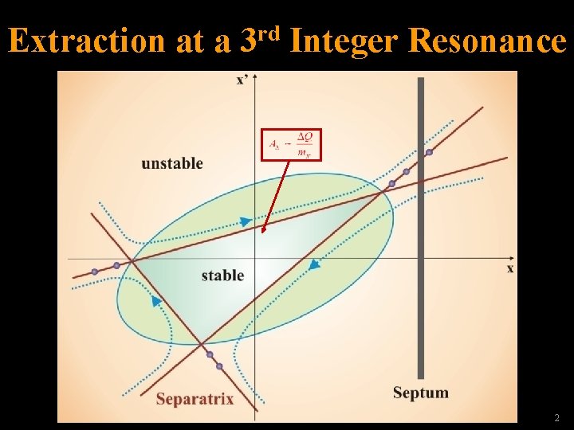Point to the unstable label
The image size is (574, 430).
pyautogui.click(x=172, y=164)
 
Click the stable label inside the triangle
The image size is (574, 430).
pyautogui.click(x=222, y=276)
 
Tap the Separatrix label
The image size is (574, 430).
pyautogui.click(x=195, y=399)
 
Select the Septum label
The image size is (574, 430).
pyautogui.click(x=420, y=393)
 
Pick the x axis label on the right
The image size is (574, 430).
pyautogui.click(x=510, y=269)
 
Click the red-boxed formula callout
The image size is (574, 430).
pyautogui.click(x=291, y=144)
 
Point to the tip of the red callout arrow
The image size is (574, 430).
pyautogui.click(x=263, y=233)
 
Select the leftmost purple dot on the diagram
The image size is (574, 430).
pyautogui.click(x=95, y=272)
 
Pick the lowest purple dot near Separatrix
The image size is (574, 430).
pyautogui.click(x=219, y=366)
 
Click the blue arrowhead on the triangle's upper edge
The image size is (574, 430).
pyautogui.click(x=246, y=221)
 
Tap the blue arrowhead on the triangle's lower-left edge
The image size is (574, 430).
pyautogui.click(x=156, y=301)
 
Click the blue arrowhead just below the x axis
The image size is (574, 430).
pyautogui.click(x=314, y=264)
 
